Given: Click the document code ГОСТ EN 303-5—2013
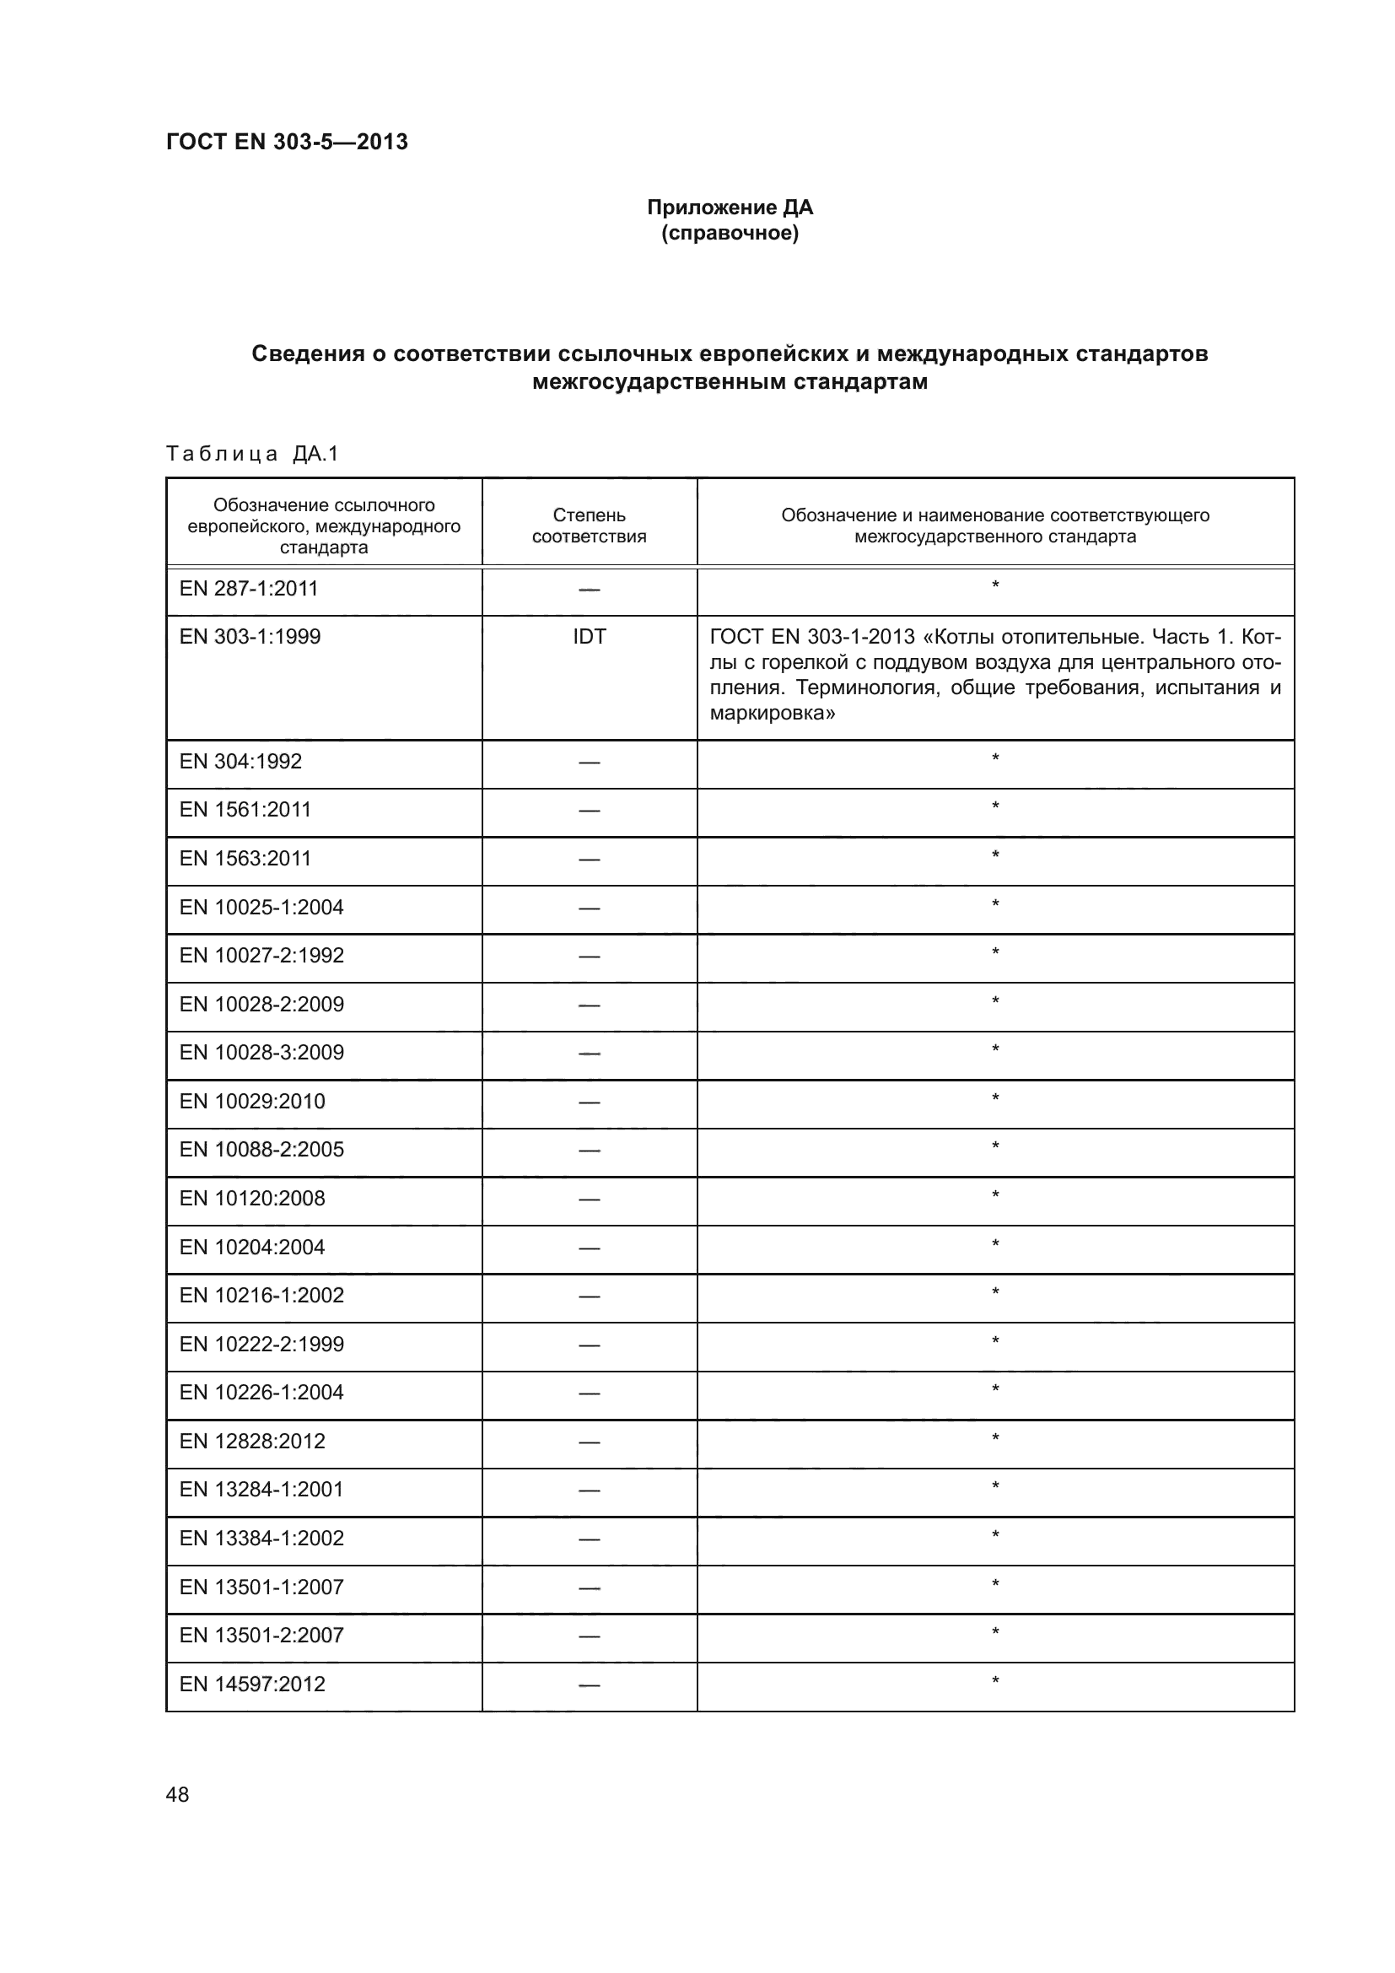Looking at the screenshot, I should tap(286, 142).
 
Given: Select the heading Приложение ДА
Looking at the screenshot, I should tap(730, 208).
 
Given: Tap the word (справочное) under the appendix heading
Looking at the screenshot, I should tap(730, 234).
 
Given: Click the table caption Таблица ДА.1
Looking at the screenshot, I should tap(252, 454).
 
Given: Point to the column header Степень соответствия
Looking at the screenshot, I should tap(589, 525).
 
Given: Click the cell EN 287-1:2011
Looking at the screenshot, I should tap(248, 589).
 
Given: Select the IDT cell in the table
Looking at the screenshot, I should tap(590, 637).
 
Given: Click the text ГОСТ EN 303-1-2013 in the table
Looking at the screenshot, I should tap(811, 638).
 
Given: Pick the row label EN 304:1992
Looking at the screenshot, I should tap(240, 762).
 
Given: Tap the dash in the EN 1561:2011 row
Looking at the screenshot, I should tap(590, 811).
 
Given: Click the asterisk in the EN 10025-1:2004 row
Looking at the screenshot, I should tap(994, 904).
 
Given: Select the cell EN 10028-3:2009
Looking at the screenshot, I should tap(261, 1053).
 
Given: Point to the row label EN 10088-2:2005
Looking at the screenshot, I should tap(261, 1150).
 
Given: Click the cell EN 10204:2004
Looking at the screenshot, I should tap(251, 1247).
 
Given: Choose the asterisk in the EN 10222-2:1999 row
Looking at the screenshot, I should tap(994, 1341).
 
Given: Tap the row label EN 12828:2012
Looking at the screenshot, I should tap(251, 1441).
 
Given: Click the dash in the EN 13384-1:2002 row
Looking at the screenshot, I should tap(590, 1539).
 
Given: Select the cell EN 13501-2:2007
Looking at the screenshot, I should tap(261, 1636).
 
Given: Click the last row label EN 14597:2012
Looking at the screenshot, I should tap(251, 1685).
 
